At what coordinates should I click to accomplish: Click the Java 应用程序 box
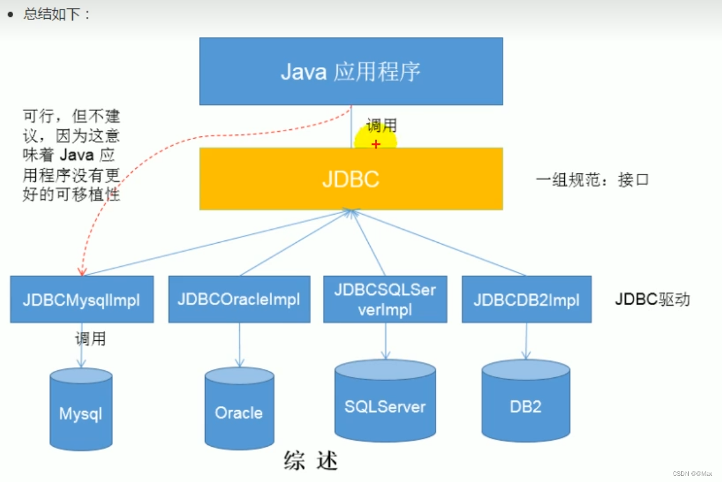coord(351,71)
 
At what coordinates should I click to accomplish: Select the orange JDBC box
coord(351,179)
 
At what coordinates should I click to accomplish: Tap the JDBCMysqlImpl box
coord(82,299)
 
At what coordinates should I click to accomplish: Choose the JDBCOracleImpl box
coord(239,299)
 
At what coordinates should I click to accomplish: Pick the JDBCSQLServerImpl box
coord(385,299)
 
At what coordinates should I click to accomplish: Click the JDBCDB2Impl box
coord(527,299)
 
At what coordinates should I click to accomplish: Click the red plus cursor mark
coord(376,144)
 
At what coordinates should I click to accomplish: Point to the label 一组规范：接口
coord(592,180)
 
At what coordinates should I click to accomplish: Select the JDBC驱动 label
coord(652,299)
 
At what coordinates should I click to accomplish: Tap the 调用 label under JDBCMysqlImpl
coord(90,340)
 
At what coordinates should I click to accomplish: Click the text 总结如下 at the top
coord(57,14)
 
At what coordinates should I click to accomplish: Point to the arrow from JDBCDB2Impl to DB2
coord(527,342)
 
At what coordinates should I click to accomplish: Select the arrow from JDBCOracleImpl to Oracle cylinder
coord(239,345)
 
